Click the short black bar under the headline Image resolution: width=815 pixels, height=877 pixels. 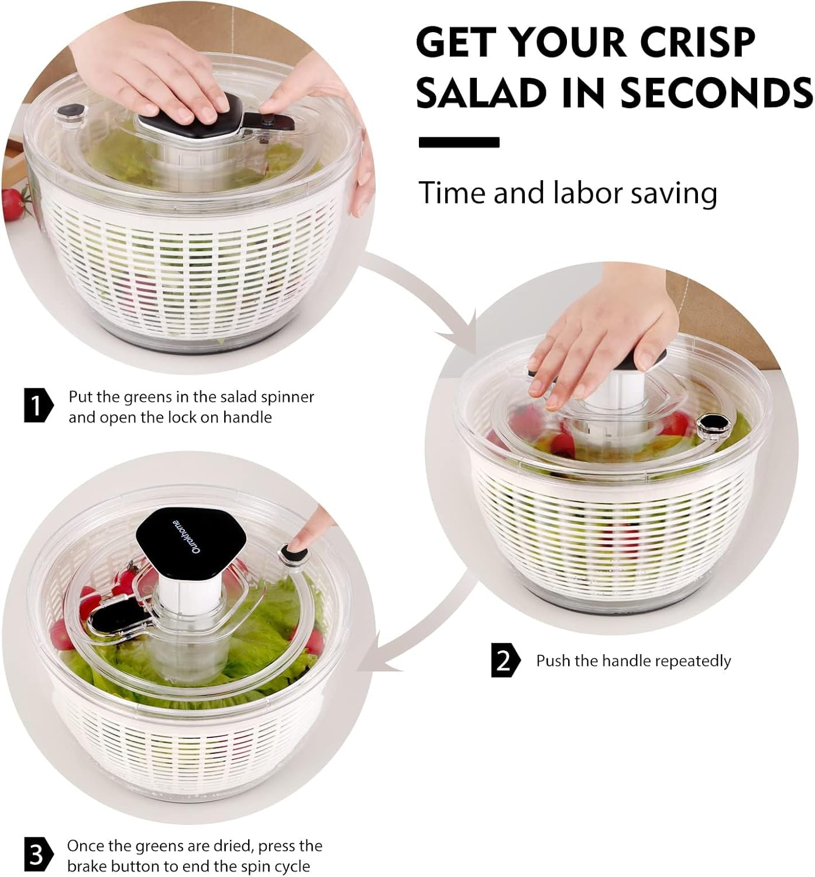[459, 142]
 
